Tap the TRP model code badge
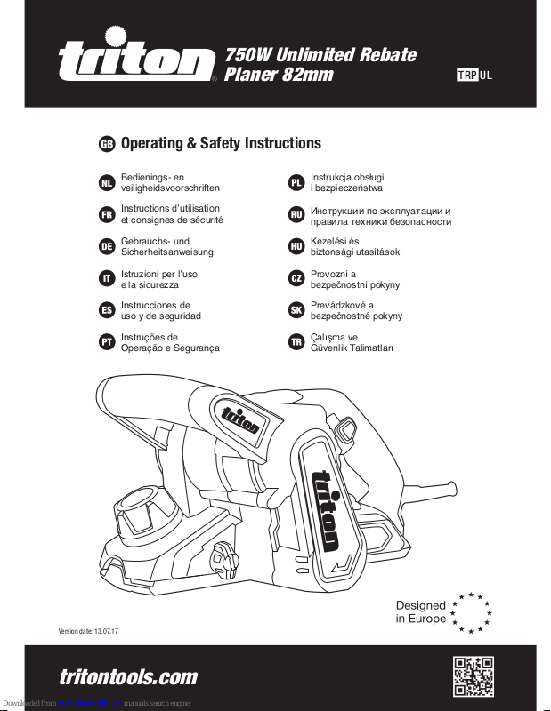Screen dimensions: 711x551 coord(467,75)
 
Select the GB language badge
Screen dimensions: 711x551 coord(106,144)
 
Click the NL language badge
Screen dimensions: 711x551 coord(106,183)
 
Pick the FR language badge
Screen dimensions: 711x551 coord(106,214)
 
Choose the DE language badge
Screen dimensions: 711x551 coord(106,246)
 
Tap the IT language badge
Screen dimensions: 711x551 coord(106,278)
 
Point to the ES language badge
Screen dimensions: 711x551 coord(106,309)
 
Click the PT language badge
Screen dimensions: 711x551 coord(106,341)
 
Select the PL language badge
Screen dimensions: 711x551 coord(296,183)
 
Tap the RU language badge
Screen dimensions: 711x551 coord(296,214)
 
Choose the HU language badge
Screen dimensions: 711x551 coord(296,246)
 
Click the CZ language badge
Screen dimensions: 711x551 coord(296,278)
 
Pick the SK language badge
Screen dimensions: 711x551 coord(296,309)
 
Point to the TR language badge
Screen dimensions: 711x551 coord(296,341)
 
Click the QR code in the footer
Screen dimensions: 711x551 coord(474,677)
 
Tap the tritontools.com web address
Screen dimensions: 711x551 coord(128,677)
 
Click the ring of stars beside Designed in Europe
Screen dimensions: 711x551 coord(471,611)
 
